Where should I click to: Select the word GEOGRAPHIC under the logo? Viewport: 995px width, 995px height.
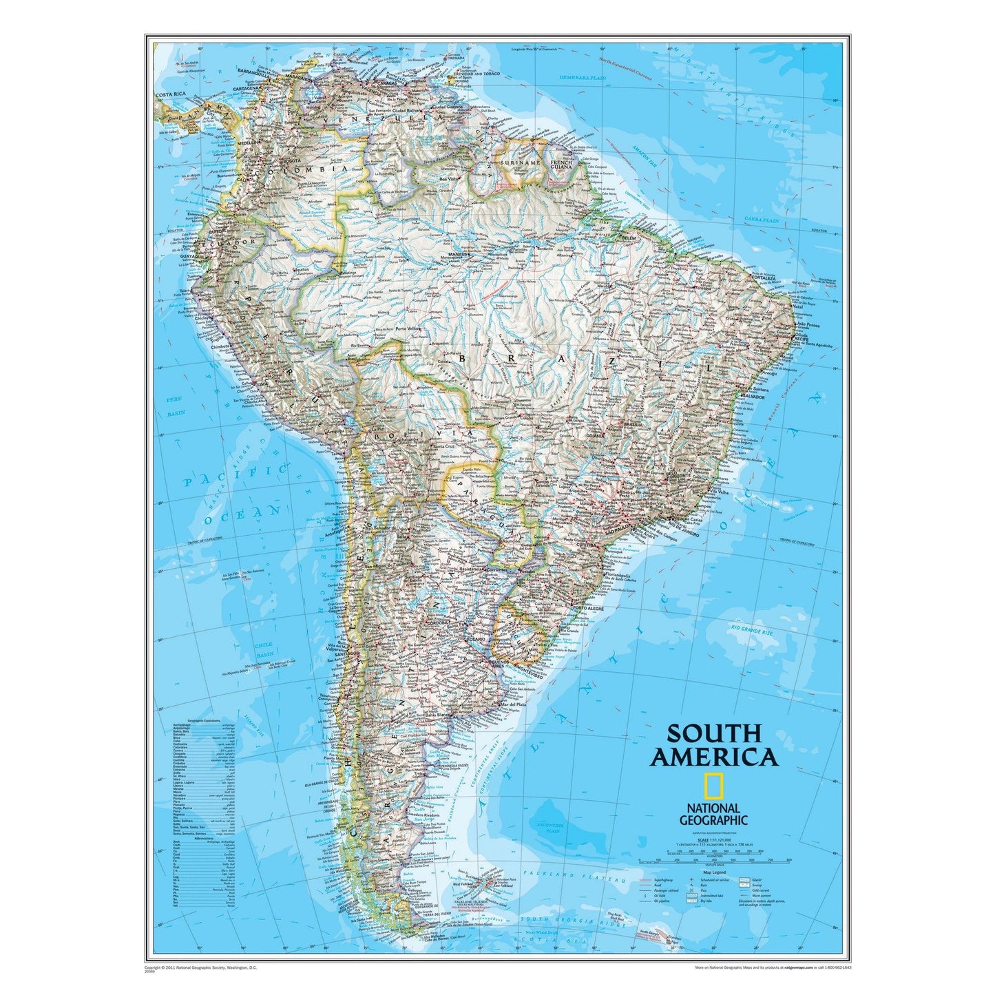[x=713, y=820]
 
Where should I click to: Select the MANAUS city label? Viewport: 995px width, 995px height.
[x=457, y=254]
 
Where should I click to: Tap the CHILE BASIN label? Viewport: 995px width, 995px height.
[x=264, y=650]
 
